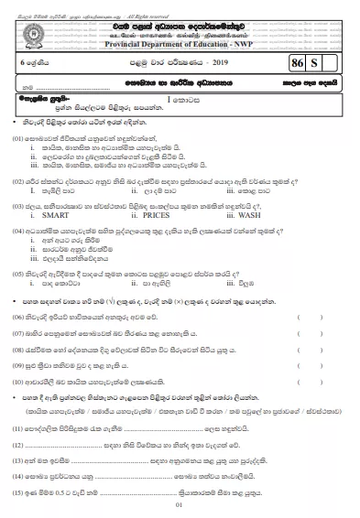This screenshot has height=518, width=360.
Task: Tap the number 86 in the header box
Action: [x=296, y=65]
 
